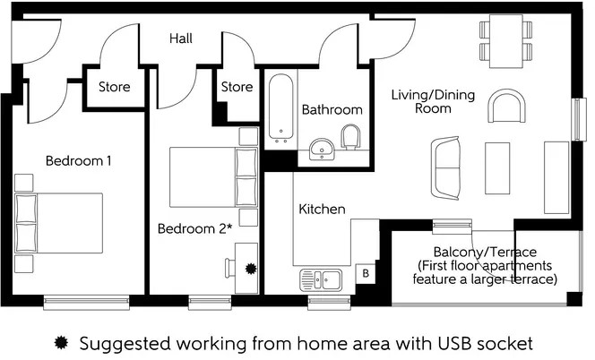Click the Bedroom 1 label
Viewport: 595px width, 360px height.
[x=79, y=161]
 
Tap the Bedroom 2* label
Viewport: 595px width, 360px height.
[x=194, y=228]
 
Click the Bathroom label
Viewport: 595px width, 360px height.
[x=332, y=110]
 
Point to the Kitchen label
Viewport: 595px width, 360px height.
[x=322, y=209]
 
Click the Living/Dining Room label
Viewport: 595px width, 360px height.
[x=420, y=100]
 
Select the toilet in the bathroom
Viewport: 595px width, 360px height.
[x=351, y=139]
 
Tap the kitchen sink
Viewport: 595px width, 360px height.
[x=319, y=279]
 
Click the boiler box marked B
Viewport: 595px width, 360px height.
[x=365, y=274]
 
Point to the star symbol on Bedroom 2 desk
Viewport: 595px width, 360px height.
[x=250, y=267]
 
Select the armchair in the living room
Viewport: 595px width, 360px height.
[x=504, y=109]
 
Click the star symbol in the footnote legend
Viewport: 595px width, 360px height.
[x=61, y=343]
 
